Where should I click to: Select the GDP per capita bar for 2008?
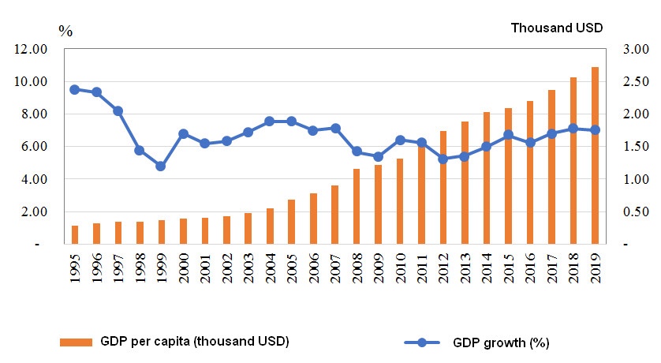click(x=357, y=206)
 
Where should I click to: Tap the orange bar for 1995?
click(x=75, y=234)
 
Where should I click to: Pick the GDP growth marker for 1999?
click(x=161, y=167)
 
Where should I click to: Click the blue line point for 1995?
click(x=75, y=89)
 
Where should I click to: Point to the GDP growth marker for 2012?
click(x=443, y=159)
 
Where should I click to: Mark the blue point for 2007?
click(x=335, y=128)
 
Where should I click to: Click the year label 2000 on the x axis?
click(x=183, y=267)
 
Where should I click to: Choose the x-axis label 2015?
click(x=508, y=267)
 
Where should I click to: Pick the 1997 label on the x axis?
click(x=118, y=267)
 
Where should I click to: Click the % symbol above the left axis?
click(x=65, y=31)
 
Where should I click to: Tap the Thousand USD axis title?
click(x=557, y=28)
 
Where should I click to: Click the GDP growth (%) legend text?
click(x=501, y=342)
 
